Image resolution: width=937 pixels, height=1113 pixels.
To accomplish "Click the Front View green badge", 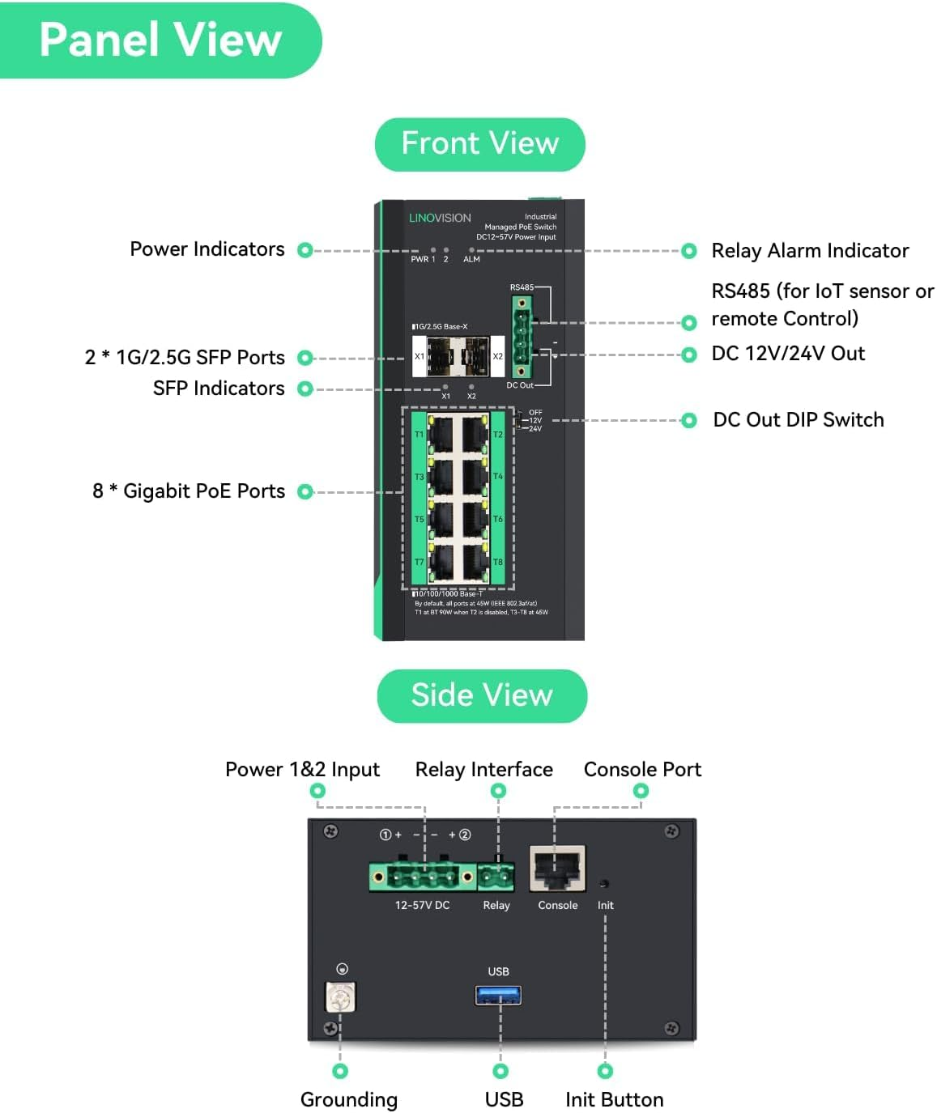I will click(x=479, y=144).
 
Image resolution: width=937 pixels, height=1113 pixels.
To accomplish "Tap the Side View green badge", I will click(x=482, y=695).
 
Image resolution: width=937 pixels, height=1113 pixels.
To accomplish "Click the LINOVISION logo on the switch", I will click(x=440, y=218).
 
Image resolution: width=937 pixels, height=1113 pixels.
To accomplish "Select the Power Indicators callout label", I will click(x=207, y=249).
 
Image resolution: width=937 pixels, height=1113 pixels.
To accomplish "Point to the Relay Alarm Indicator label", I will click(x=810, y=251).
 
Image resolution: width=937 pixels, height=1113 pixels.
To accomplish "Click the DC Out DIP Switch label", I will click(x=798, y=419).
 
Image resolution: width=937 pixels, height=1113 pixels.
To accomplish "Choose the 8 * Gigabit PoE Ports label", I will click(x=189, y=491).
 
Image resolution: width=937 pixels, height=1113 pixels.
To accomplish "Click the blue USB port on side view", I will click(x=498, y=994).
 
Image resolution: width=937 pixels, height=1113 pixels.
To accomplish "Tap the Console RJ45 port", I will click(x=557, y=869).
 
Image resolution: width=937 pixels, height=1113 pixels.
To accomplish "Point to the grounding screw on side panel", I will click(x=340, y=997).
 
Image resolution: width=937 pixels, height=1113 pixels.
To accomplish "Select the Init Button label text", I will click(x=614, y=1099).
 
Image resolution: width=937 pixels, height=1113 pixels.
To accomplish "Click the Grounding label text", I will click(x=348, y=1099).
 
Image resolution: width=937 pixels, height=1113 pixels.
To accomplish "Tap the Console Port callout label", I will click(x=642, y=769).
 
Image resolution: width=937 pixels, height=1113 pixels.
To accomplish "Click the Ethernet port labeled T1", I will click(x=441, y=435).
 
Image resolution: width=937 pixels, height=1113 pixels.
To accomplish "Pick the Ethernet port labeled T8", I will click(x=475, y=562).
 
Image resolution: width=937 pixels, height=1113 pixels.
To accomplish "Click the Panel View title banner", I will click(x=160, y=40).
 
